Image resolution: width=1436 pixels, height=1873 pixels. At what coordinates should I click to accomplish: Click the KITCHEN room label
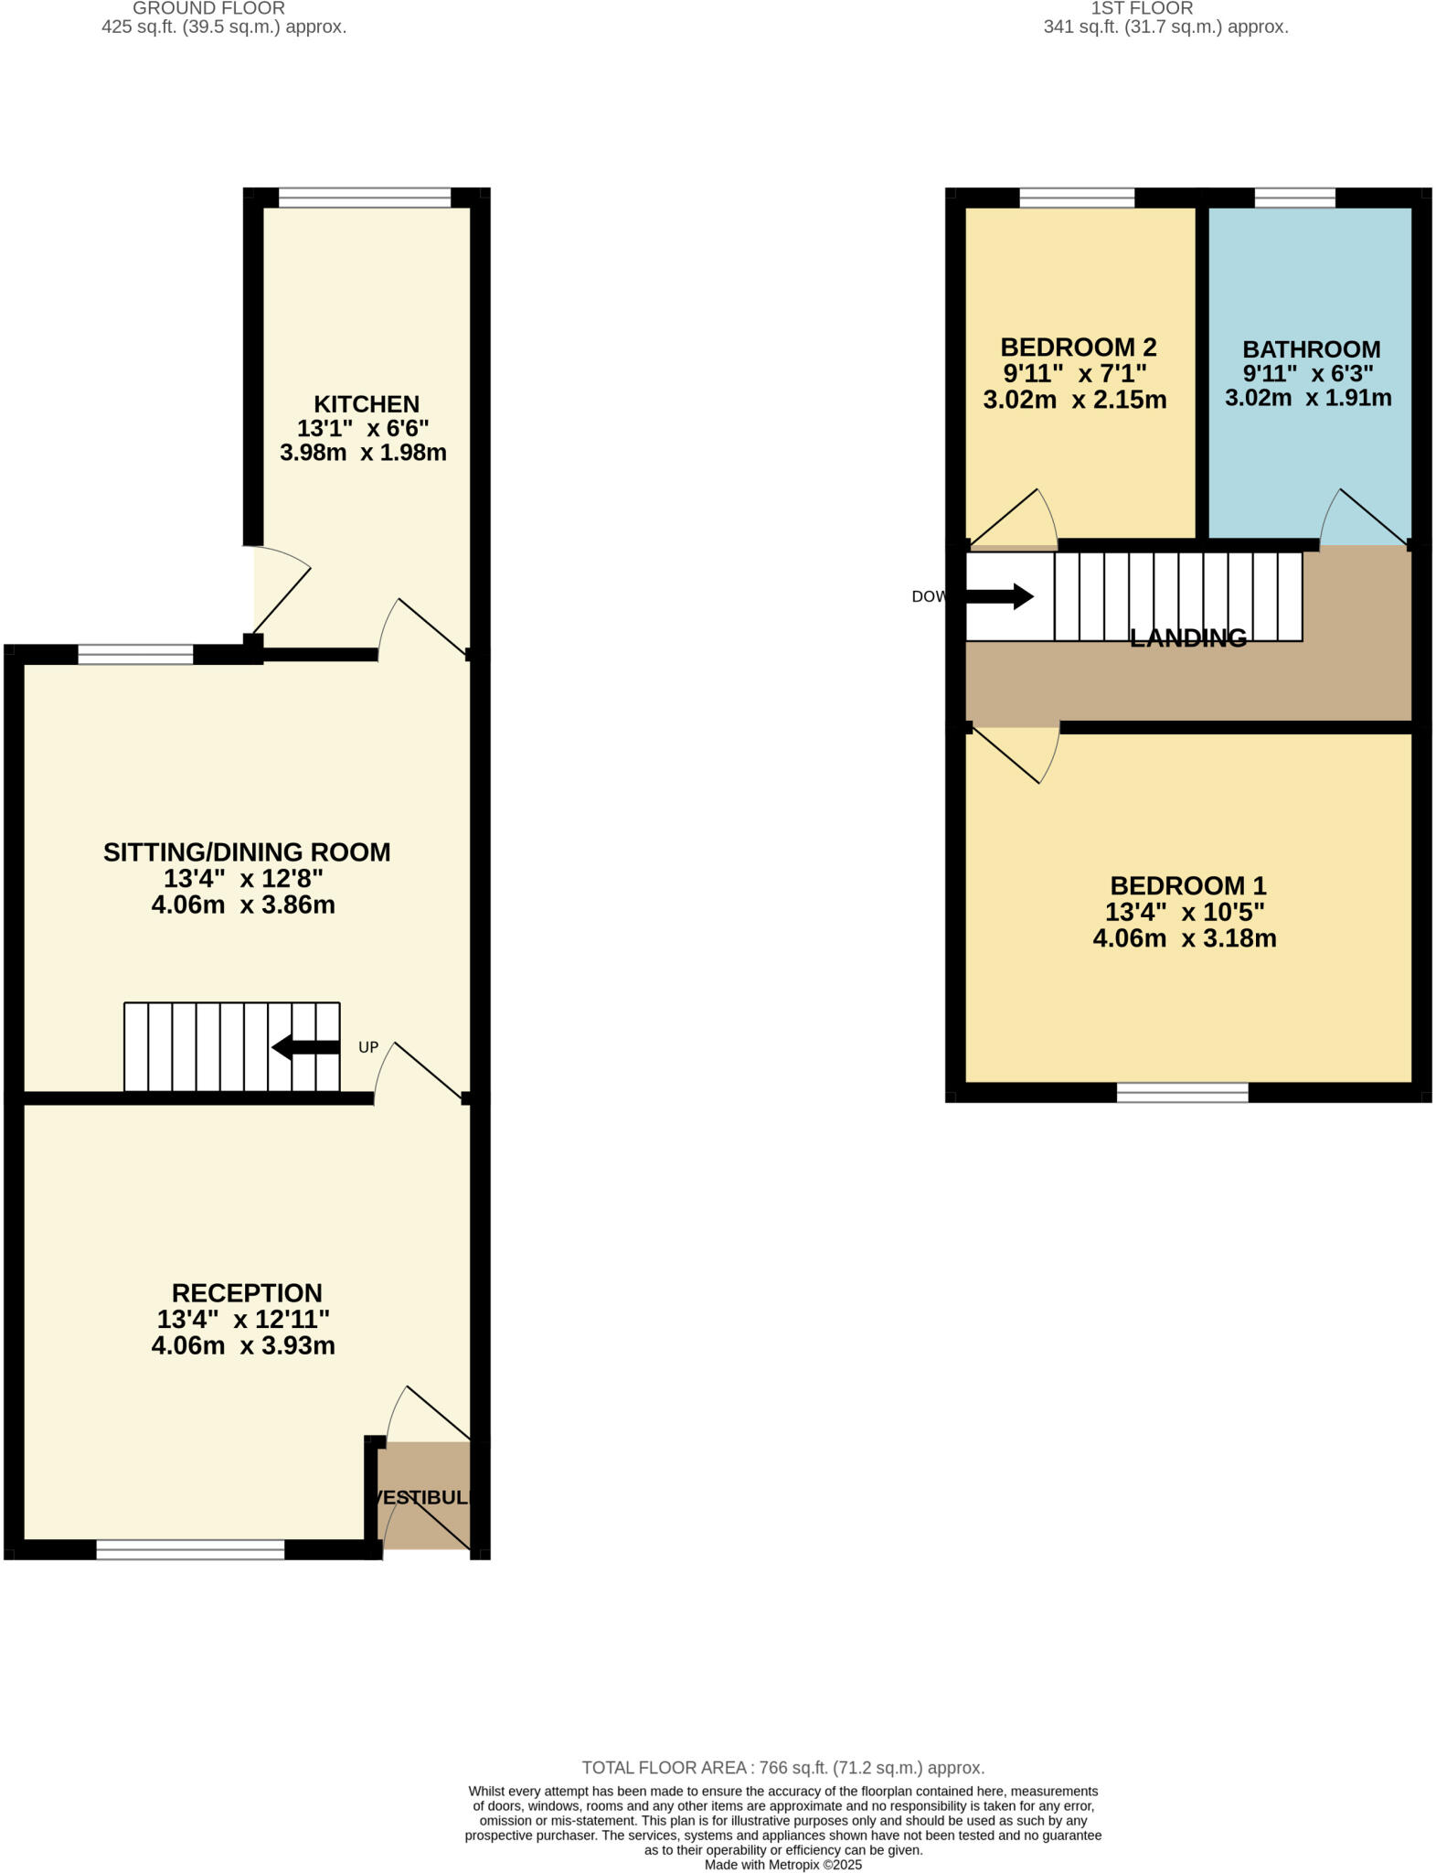[x=367, y=403]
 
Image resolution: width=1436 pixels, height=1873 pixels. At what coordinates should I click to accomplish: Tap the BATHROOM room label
[x=1311, y=349]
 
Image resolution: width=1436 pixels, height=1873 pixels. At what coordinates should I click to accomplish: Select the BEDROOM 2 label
[x=1078, y=348]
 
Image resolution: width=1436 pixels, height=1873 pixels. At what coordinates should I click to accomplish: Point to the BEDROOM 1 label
[x=1187, y=885]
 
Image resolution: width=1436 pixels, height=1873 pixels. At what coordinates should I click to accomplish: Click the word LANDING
[x=1187, y=638]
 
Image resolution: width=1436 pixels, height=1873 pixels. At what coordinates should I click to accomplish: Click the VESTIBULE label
[x=422, y=1497]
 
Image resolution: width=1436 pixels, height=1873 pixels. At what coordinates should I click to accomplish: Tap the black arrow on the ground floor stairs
[x=305, y=1047]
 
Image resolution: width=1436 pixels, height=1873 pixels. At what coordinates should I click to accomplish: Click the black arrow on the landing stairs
[x=999, y=597]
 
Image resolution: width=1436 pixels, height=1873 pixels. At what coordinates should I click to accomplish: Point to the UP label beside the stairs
[x=368, y=1047]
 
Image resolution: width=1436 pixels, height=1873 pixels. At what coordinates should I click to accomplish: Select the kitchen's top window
[x=365, y=198]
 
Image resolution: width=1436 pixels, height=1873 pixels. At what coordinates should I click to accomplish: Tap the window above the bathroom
[x=1294, y=198]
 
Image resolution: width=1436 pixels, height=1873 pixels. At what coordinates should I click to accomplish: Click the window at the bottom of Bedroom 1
[x=1182, y=1092]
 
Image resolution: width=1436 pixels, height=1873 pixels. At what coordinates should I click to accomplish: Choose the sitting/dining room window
[x=135, y=654]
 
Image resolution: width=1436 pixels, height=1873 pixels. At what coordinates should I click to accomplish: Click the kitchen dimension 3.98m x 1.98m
[x=363, y=452]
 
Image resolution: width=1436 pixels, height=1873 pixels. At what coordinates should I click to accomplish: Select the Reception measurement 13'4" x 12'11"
[x=243, y=1319]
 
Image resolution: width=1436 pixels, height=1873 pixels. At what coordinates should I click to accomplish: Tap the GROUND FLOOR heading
[x=209, y=8]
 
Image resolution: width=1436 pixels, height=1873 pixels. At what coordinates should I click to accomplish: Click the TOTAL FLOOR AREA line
[x=782, y=1768]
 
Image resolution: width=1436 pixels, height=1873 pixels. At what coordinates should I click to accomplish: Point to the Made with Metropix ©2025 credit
[x=782, y=1864]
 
